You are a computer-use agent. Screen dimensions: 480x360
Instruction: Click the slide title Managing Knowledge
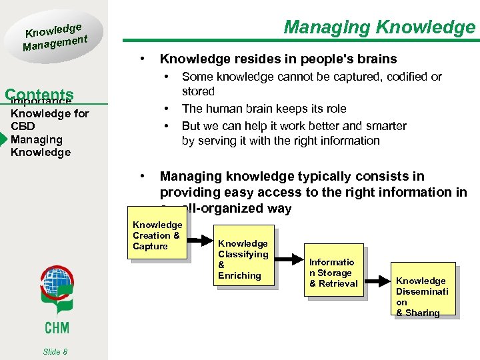pos(379,27)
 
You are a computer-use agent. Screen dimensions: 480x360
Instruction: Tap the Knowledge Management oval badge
pos(56,37)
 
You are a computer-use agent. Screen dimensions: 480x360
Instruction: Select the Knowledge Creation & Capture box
pos(158,236)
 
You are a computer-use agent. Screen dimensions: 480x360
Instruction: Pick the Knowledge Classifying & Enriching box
pos(243,259)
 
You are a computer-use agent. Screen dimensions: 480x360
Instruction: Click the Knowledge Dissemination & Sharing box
pos(423,296)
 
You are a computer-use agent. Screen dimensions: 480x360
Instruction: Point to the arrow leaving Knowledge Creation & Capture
pos(201,241)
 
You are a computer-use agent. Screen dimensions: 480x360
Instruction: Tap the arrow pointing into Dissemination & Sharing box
pos(378,277)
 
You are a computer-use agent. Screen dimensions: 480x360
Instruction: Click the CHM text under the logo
pos(56,327)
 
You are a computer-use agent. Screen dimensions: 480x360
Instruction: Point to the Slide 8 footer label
pos(56,351)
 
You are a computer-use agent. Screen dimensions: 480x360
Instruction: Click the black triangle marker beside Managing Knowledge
pos(5,139)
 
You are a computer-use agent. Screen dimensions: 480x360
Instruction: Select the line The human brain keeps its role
pos(264,109)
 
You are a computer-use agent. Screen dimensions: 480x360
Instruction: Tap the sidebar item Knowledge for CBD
pos(49,119)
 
